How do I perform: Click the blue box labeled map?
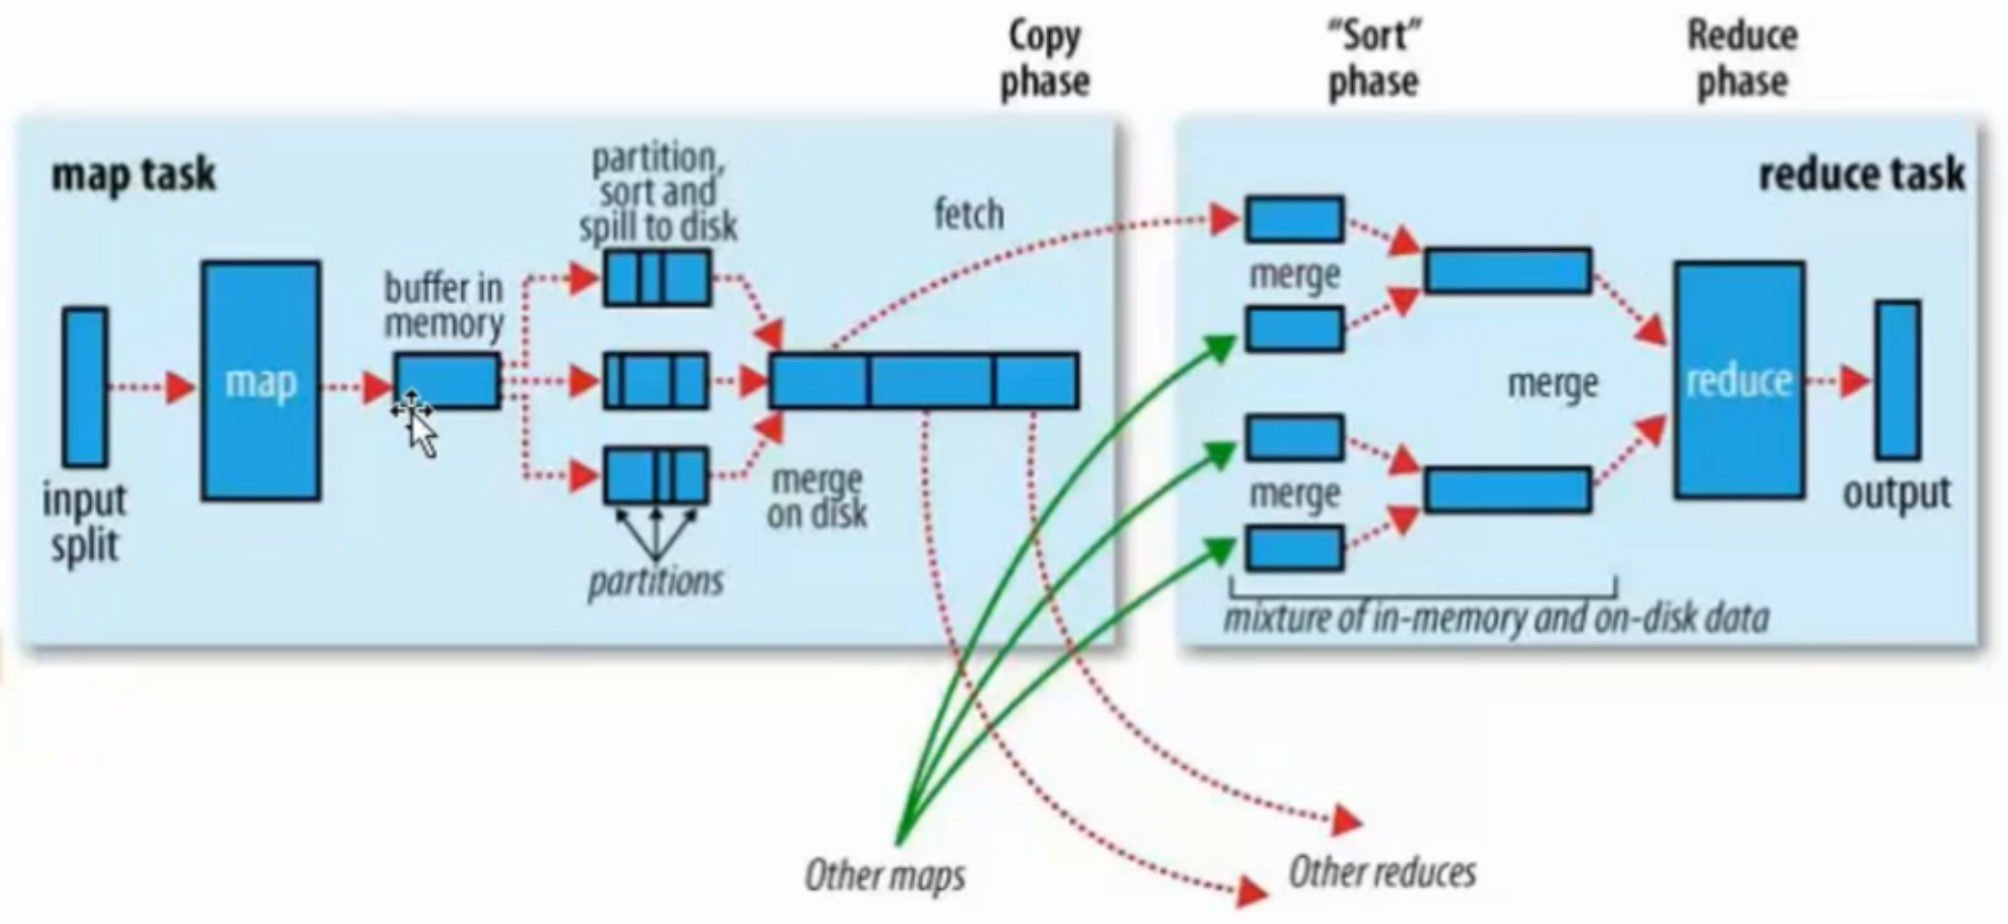261,381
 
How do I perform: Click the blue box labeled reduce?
1739,381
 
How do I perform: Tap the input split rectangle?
84,387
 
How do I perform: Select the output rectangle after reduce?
1898,381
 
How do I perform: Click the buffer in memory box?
448,381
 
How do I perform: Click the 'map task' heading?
133,174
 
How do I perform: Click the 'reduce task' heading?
1861,174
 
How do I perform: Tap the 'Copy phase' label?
1044,59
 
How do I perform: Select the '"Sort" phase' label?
1373,59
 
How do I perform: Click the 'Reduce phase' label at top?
1742,59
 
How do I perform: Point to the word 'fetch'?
969,214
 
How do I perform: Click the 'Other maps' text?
884,874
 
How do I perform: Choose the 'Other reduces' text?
1382,872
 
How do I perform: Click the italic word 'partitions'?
656,581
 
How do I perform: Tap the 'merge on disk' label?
817,497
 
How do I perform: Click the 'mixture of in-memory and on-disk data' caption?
1496,618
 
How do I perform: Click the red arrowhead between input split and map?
180,387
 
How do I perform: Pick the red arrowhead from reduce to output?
1855,381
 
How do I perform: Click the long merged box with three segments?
924,381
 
